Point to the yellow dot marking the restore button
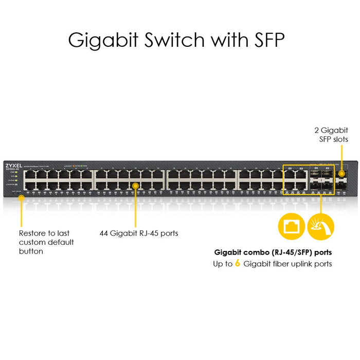22,199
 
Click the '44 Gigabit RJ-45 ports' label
139,233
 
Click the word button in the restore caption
31,251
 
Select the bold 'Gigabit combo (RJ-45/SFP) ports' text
273,253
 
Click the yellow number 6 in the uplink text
238,264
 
